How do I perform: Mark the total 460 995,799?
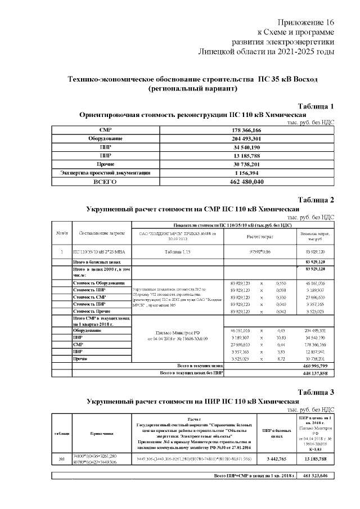(x=316, y=365)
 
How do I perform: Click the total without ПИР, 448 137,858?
(x=316, y=372)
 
